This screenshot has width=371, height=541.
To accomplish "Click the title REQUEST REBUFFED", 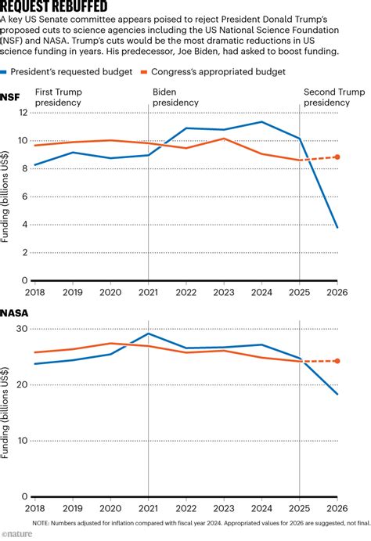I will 54,7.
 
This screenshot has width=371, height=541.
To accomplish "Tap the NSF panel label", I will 11,97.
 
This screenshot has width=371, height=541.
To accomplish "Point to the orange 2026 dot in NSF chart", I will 337,157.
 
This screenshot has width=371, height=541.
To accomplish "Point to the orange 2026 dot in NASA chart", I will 337,361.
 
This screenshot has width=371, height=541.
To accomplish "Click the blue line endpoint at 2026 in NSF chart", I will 337,228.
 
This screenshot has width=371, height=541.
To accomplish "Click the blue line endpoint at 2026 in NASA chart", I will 337,394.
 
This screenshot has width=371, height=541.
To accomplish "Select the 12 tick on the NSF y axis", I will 22,113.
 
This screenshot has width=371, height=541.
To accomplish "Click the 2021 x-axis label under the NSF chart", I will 149,290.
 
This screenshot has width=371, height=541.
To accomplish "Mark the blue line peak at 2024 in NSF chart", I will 262,121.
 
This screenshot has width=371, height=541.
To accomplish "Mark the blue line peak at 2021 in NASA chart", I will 149,334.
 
